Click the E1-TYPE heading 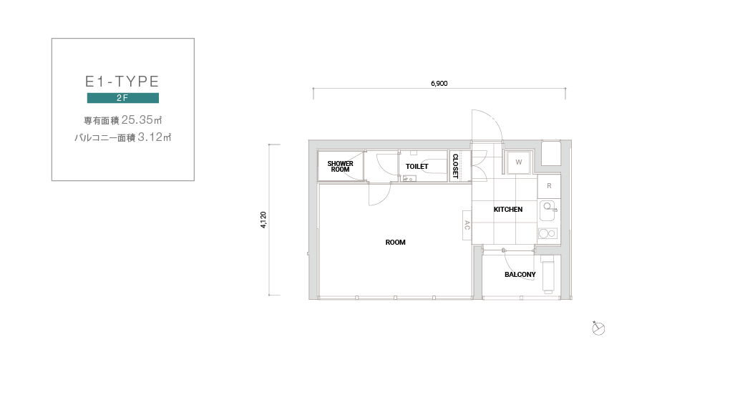pyautogui.click(x=122, y=82)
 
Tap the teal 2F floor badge pyautogui.click(x=123, y=98)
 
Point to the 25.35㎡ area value pyautogui.click(x=142, y=120)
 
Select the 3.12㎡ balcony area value pyautogui.click(x=155, y=137)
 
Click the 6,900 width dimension pyautogui.click(x=439, y=84)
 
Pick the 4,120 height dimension pyautogui.click(x=263, y=220)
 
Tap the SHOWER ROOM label pyautogui.click(x=341, y=167)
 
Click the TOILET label pyautogui.click(x=417, y=167)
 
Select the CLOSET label pyautogui.click(x=455, y=166)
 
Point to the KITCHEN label pyautogui.click(x=508, y=210)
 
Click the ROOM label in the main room pyautogui.click(x=395, y=243)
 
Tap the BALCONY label pyautogui.click(x=520, y=275)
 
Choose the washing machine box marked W pyautogui.click(x=519, y=162)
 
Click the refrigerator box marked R pyautogui.click(x=549, y=186)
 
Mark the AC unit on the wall pyautogui.click(x=467, y=225)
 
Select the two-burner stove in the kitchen pyautogui.click(x=547, y=233)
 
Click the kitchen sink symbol pyautogui.click(x=548, y=210)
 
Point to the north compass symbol pyautogui.click(x=598, y=328)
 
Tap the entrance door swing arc pyautogui.click(x=495, y=119)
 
